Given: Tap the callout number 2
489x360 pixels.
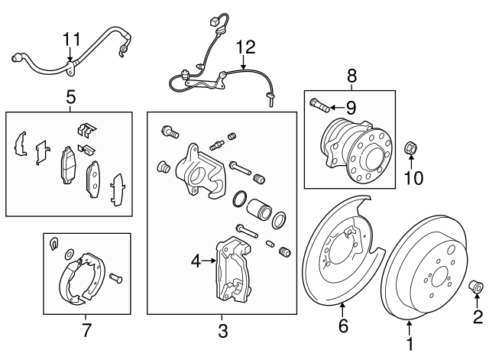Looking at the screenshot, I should coord(478,315).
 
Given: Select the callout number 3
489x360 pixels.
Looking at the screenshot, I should coord(222,331).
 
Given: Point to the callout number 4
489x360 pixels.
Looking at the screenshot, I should coord(196,261).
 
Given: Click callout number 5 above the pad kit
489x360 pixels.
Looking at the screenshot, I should coord(70,98).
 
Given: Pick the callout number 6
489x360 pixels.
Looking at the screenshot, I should coord(343,326).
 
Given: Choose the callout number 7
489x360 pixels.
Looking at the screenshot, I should coord(86,330).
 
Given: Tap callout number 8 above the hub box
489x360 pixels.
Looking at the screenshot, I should coord(351,76).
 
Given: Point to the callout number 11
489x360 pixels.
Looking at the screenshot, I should coord(71,39).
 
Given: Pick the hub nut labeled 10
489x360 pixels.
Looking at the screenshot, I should coord(410,148).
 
